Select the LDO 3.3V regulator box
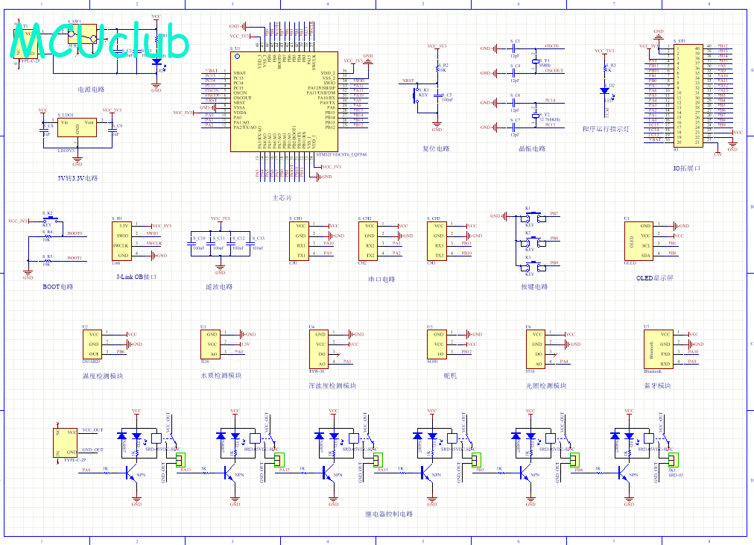tap(77, 128)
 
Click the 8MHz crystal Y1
tap(535, 63)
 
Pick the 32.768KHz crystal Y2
tap(535, 116)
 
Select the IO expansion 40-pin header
tap(688, 93)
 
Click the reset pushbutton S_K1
tap(416, 95)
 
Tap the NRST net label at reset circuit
tap(408, 80)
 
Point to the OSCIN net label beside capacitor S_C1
tap(552, 47)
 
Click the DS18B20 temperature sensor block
tap(94, 345)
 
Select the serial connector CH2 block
tap(370, 240)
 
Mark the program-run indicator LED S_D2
tap(604, 90)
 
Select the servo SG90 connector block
tap(439, 345)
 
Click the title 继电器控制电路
tap(389, 514)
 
